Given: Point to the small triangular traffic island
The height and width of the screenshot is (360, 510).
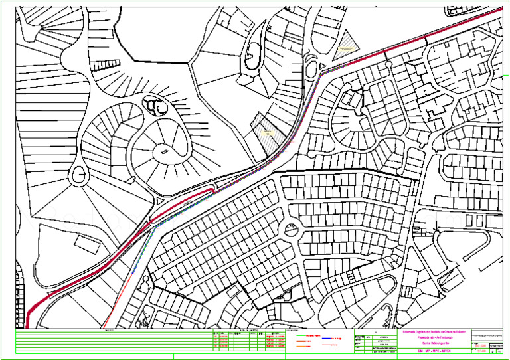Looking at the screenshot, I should click(159, 200).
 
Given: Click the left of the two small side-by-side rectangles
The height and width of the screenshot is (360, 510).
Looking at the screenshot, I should click(469, 220).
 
